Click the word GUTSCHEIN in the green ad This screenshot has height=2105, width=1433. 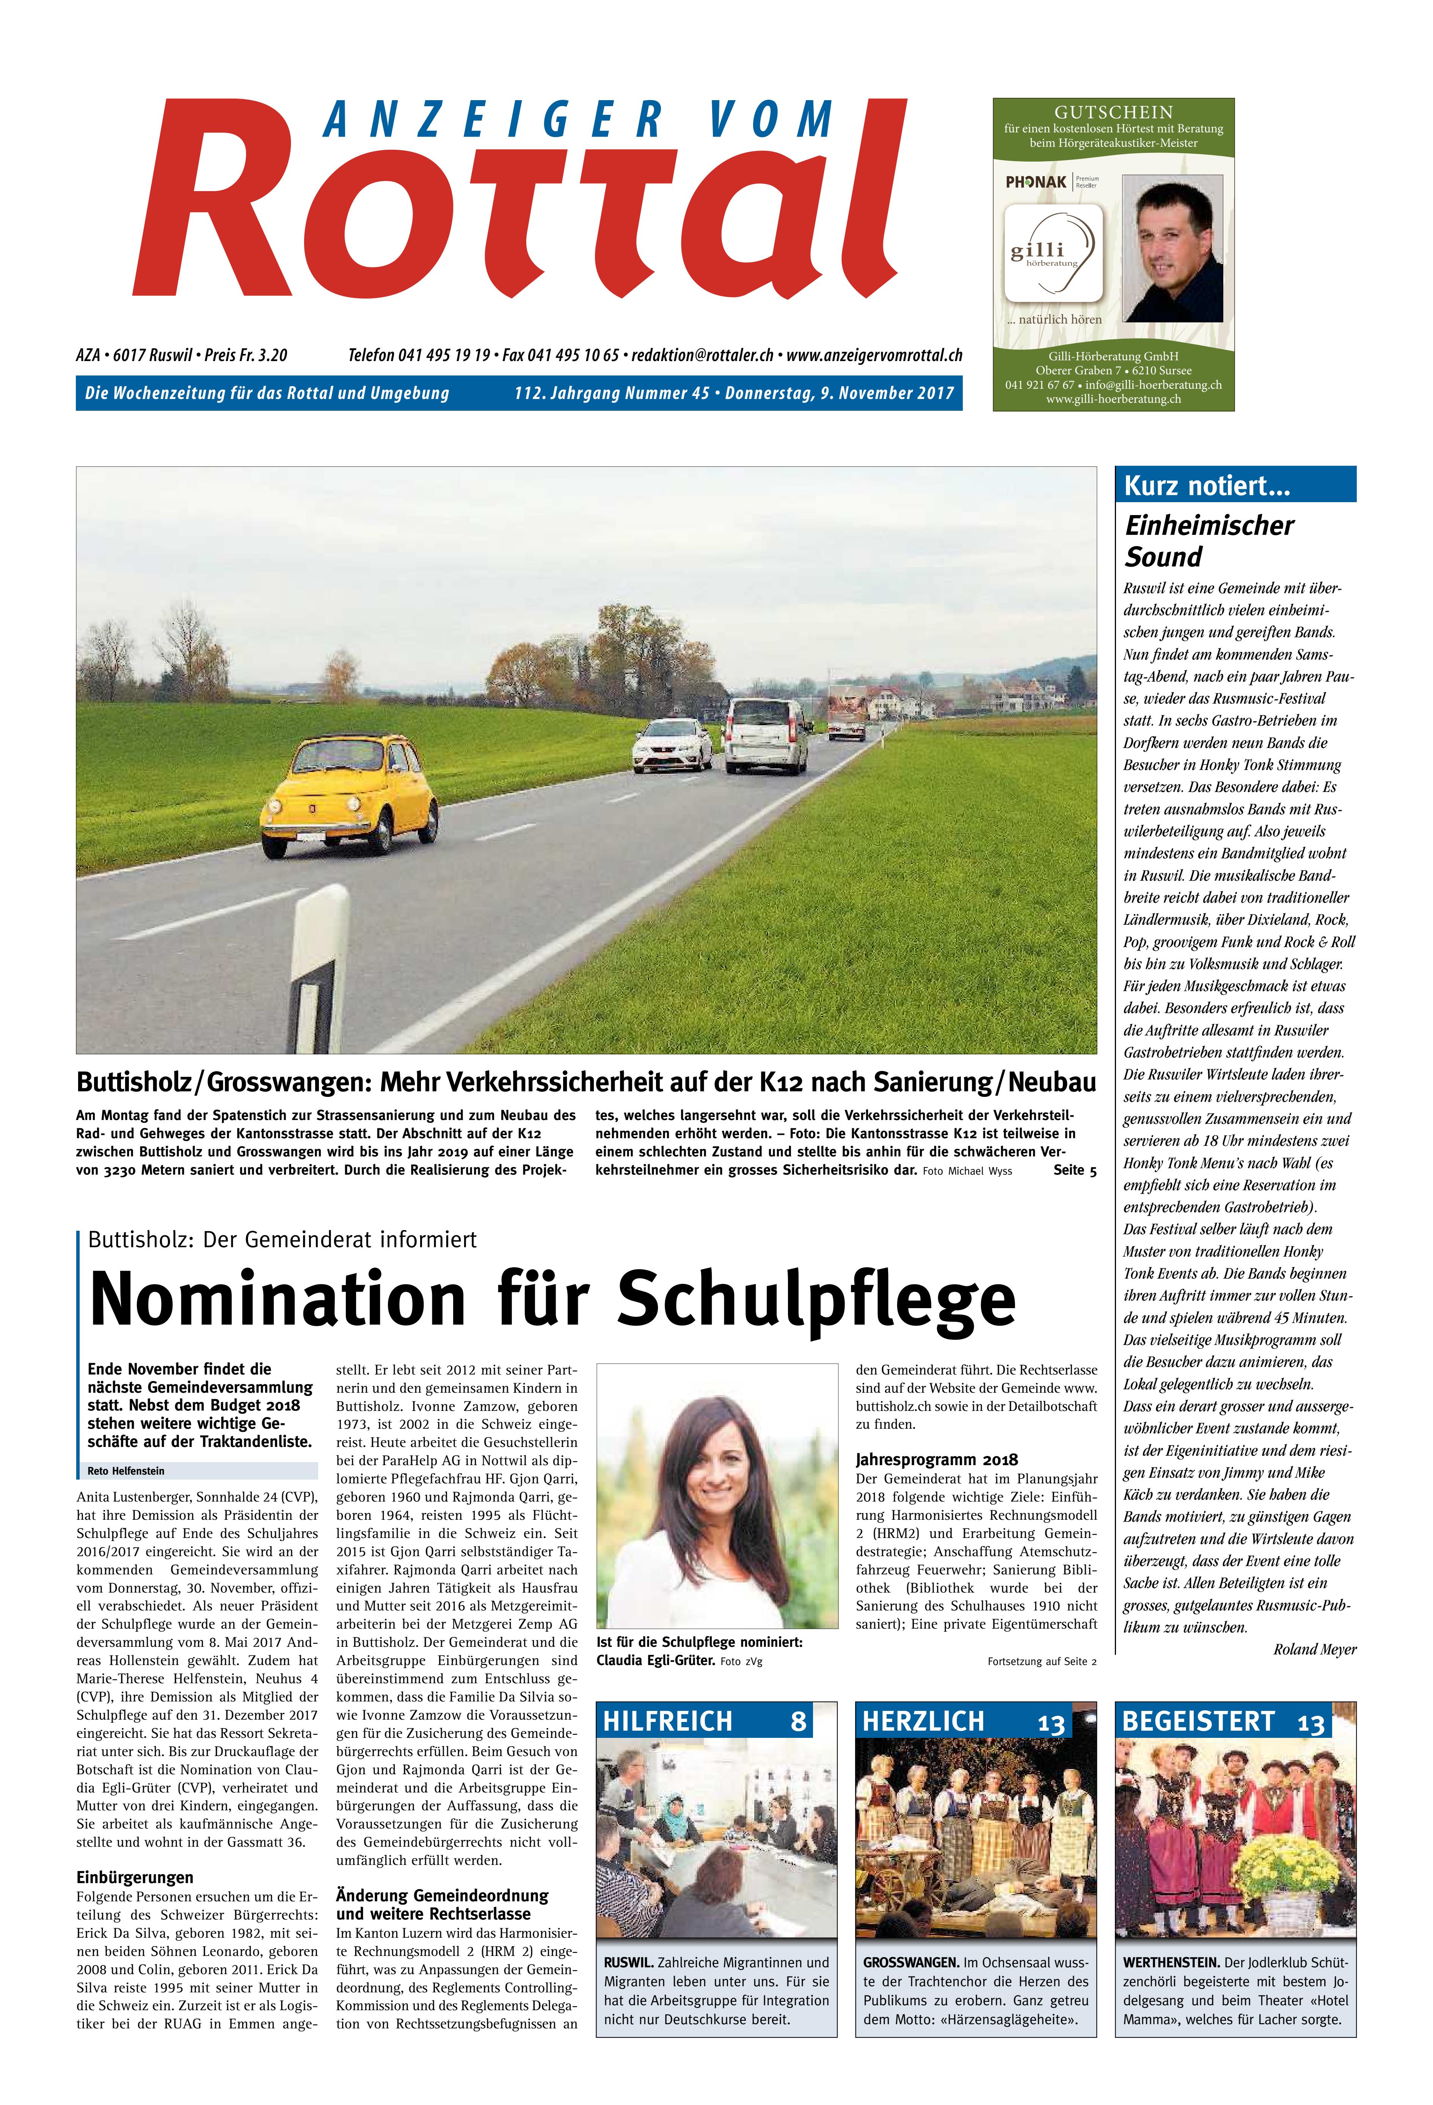point(1113,112)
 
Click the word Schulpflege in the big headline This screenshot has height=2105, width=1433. point(815,1298)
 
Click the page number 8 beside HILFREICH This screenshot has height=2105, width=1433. point(798,1721)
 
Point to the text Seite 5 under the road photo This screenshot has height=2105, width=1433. point(1074,1170)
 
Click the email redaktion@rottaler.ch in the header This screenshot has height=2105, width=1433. point(702,355)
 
